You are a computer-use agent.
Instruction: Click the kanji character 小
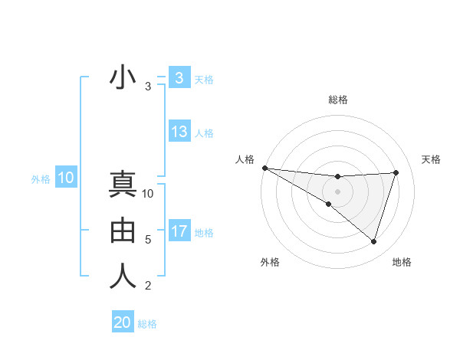click(x=123, y=78)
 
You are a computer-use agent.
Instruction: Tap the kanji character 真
click(x=123, y=186)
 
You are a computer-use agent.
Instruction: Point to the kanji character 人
click(x=123, y=276)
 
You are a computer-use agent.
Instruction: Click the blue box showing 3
click(x=179, y=77)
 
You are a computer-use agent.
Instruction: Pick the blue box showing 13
click(x=179, y=132)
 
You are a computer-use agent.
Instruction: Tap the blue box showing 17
click(x=179, y=231)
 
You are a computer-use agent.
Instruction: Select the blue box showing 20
click(x=123, y=322)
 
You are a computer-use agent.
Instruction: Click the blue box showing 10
click(x=65, y=178)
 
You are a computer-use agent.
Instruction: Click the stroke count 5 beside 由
click(x=148, y=240)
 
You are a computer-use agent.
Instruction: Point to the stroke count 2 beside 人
click(x=148, y=286)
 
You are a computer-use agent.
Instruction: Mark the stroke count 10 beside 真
click(x=148, y=194)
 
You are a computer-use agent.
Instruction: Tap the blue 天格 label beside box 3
click(x=204, y=79)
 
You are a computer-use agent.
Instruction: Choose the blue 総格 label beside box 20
click(x=147, y=324)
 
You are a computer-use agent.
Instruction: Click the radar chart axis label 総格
click(x=338, y=100)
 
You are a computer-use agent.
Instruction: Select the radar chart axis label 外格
click(x=269, y=262)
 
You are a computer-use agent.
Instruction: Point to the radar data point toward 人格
click(x=264, y=168)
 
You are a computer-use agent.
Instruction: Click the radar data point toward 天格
click(x=396, y=172)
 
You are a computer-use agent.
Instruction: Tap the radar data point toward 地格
click(x=373, y=241)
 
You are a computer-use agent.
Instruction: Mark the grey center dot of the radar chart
click(x=337, y=191)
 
